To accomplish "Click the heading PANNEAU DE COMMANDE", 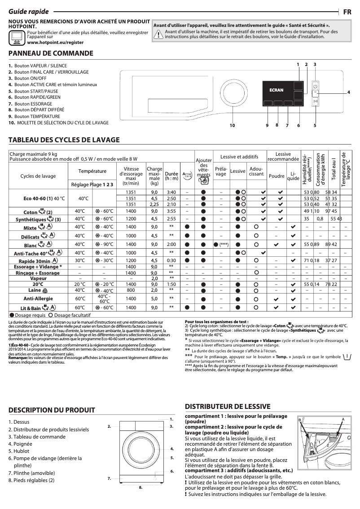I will pyautogui.click(x=51, y=53).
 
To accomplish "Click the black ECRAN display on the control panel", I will pyautogui.click(x=277, y=90).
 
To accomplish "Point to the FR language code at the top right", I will pyautogui.click(x=347, y=12).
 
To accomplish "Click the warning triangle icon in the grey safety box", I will pyautogui.click(x=158, y=36).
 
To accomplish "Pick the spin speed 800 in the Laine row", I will pyautogui.click(x=131, y=290).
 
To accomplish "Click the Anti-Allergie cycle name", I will pyautogui.click(x=38, y=298).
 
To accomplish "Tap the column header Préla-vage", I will pyautogui.click(x=221, y=171).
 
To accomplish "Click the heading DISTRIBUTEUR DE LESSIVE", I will pyautogui.click(x=228, y=406).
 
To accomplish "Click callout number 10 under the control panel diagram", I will pyautogui.click(x=232, y=125).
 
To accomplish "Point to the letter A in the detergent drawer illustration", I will pyautogui.click(x=343, y=419).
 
